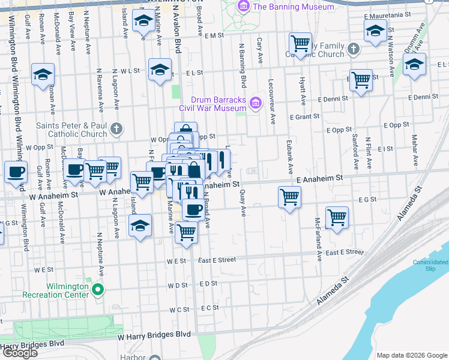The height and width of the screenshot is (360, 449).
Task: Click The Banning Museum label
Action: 294,7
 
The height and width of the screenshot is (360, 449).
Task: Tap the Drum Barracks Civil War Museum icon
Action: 256,103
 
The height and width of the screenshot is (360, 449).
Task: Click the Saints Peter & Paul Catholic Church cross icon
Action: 116,128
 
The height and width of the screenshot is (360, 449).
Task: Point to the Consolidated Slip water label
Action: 430,266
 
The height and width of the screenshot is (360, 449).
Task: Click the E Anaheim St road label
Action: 319,178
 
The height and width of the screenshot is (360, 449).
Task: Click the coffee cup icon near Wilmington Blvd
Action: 16,171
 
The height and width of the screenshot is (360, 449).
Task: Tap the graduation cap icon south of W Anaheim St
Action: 140,226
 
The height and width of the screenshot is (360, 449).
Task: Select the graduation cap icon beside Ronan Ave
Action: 43,74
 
